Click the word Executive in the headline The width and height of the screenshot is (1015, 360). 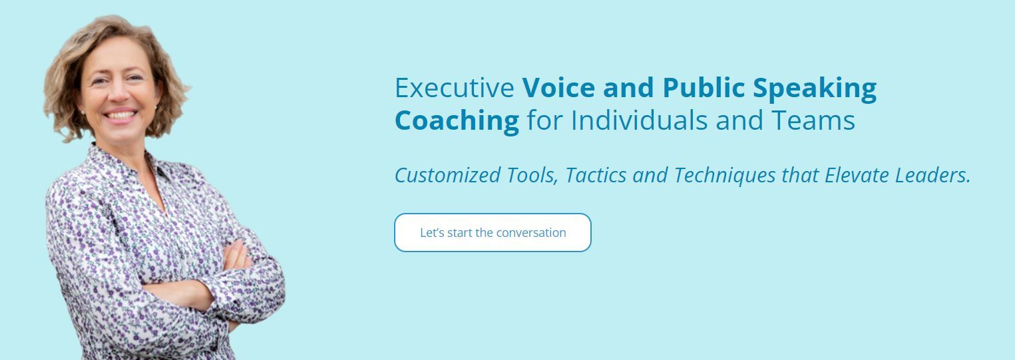click(455, 87)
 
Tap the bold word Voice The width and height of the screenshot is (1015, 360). click(558, 87)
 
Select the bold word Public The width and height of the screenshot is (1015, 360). click(704, 87)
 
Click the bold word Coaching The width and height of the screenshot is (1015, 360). click(457, 121)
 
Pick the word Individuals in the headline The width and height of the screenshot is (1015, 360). click(639, 120)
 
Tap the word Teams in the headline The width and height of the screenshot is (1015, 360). click(813, 120)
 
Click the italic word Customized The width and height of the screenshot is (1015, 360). click(448, 175)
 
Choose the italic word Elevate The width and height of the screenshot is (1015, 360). click(857, 175)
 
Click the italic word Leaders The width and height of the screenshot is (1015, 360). click(932, 175)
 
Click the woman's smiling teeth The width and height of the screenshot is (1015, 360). click(120, 115)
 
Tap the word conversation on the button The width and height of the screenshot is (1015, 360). click(531, 233)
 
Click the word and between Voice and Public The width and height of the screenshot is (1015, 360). click(628, 87)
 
